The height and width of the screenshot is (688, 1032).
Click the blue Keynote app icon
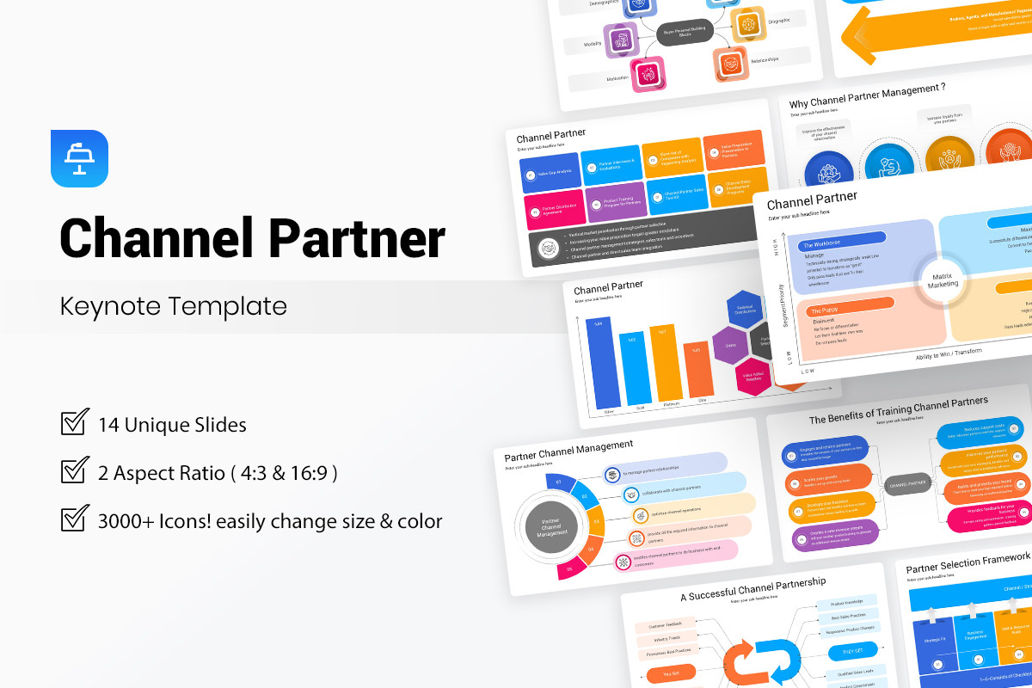pos(79,158)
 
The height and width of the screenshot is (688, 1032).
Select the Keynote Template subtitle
pos(173,306)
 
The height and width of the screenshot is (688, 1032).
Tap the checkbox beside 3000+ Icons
pos(75,519)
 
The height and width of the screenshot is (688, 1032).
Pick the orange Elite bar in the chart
pos(697,369)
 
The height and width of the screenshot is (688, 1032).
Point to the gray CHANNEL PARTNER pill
pos(906,485)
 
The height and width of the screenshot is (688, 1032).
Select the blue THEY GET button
pos(854,651)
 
